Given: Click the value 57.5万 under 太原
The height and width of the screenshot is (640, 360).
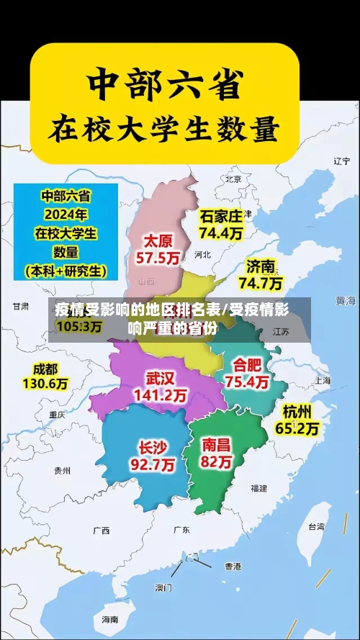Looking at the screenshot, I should [158, 256].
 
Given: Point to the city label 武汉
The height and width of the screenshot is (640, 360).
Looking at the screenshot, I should [160, 378].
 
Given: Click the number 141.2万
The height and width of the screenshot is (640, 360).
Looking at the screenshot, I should [160, 395].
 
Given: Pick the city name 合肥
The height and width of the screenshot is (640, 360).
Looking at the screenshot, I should [247, 364].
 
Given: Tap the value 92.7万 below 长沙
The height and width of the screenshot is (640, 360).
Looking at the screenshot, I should [152, 465].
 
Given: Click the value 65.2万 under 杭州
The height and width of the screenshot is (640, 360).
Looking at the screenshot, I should [297, 428].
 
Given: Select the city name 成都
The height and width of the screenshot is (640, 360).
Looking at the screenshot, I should [45, 369].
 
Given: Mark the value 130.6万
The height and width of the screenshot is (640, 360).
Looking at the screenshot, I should [45, 384].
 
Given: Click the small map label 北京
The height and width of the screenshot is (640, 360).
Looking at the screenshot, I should [233, 179].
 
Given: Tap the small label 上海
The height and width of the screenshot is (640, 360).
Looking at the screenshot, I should [322, 380].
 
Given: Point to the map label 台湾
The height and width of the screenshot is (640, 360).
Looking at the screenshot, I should [317, 526].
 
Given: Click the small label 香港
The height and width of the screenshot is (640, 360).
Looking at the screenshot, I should [233, 566].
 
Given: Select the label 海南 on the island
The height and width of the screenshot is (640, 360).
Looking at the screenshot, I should [109, 619].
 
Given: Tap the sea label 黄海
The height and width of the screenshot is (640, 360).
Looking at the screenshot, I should [346, 299].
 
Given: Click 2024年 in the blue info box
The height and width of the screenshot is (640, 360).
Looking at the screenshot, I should [66, 214].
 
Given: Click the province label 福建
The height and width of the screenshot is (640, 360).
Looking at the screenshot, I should [258, 488].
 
